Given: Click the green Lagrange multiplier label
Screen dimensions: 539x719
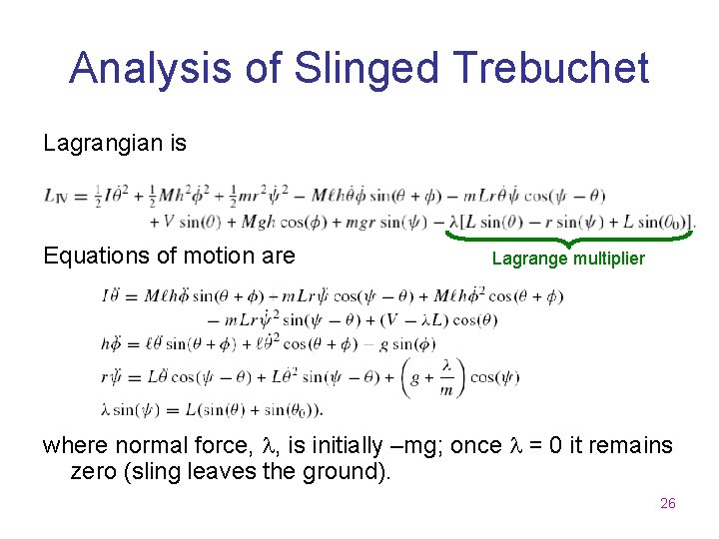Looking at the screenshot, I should point(568,260).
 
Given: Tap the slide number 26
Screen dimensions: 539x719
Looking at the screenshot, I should point(668,504).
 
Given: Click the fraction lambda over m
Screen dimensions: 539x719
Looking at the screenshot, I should point(446,378).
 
